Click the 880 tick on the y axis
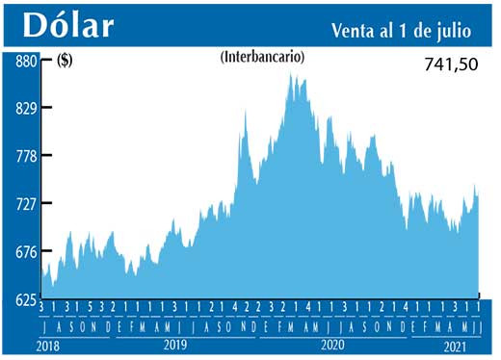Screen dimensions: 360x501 coord(24,61)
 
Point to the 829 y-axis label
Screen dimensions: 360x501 coord(24,108)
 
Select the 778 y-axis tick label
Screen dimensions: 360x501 coord(24,156)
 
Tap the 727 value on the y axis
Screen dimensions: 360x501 coord(24,204)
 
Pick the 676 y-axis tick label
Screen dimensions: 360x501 coord(24,252)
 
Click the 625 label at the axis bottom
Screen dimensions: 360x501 coord(24,300)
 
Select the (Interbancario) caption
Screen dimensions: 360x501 coord(263,58)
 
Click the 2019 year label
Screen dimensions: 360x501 coord(174,344)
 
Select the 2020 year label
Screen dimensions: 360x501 coord(331,344)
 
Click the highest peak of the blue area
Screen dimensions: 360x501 coord(291,74)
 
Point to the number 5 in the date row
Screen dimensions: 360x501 coord(90,307)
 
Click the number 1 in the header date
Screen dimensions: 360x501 coord(406,31)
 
